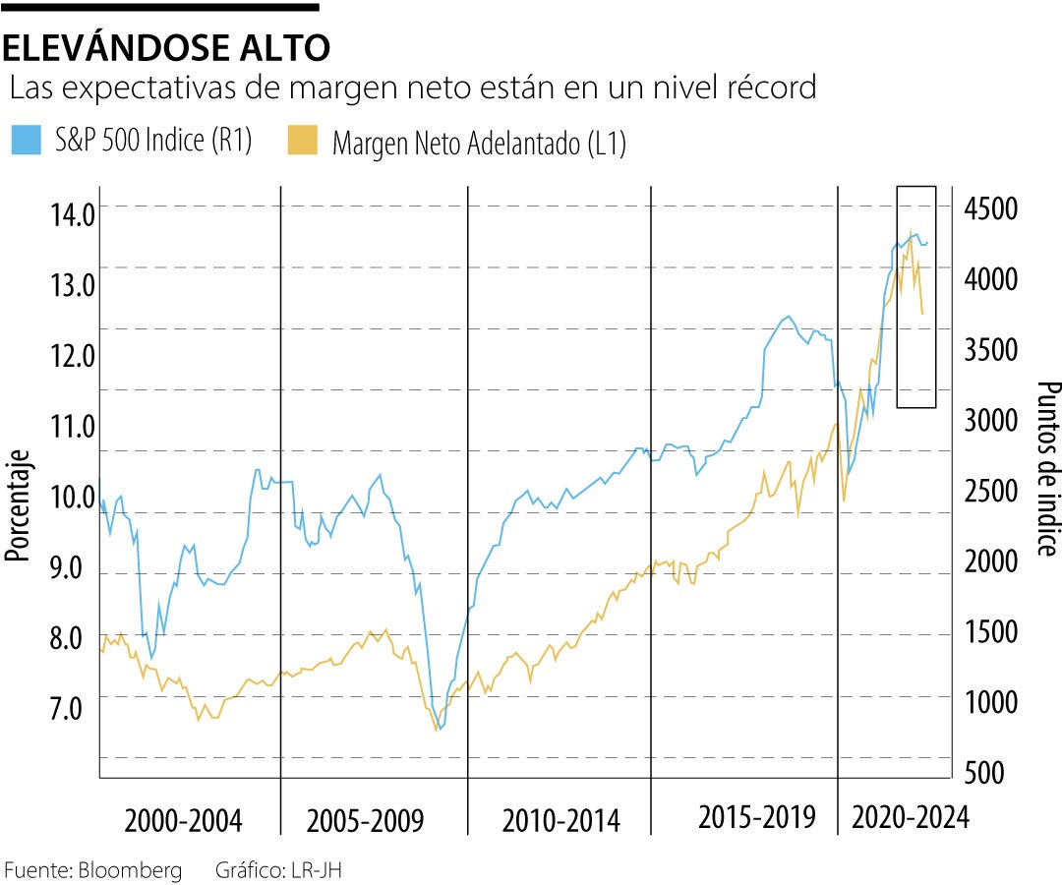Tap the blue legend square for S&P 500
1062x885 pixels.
pyautogui.click(x=24, y=140)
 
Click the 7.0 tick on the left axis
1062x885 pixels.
pyautogui.click(x=69, y=708)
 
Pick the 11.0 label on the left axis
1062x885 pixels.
pyautogui.click(x=69, y=427)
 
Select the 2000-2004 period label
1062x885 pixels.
pyautogui.click(x=184, y=820)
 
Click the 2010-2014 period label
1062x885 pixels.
pyautogui.click(x=560, y=820)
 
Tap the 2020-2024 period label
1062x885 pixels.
pyautogui.click(x=911, y=818)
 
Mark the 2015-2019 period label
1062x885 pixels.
pyautogui.click(x=757, y=817)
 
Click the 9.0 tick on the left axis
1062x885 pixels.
pyautogui.click(x=69, y=568)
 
